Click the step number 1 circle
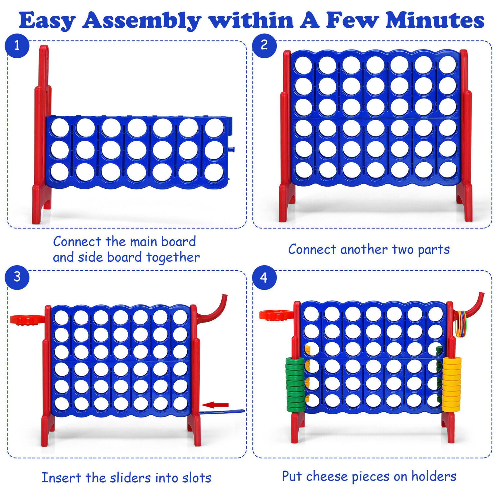[x=17, y=46]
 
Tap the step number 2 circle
[x=264, y=45]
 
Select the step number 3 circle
[x=17, y=277]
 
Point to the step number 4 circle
[x=264, y=278]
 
